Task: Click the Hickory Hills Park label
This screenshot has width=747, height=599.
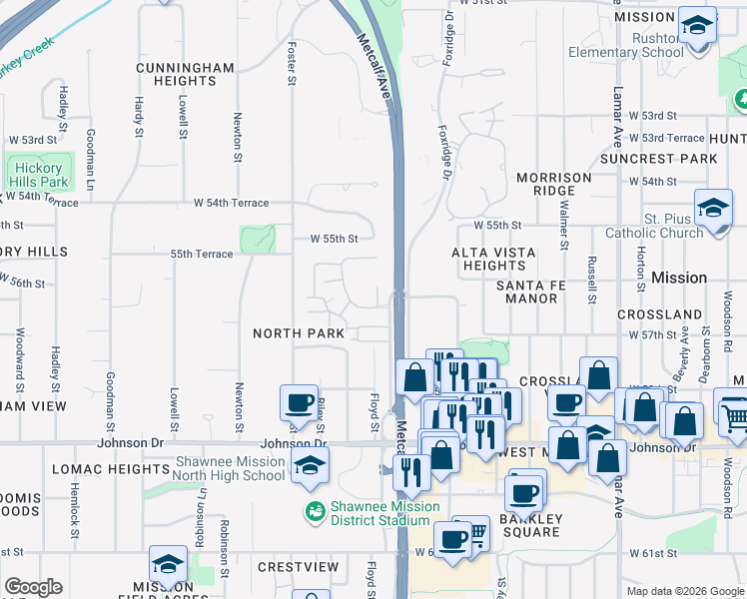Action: (x=39, y=176)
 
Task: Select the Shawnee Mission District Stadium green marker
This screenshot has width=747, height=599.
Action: (x=315, y=511)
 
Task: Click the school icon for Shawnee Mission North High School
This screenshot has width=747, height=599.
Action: (x=310, y=464)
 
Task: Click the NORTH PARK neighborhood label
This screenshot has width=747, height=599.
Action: (x=299, y=333)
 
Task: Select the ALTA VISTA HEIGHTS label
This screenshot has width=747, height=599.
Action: (x=493, y=260)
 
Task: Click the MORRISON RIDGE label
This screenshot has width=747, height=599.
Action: (x=553, y=184)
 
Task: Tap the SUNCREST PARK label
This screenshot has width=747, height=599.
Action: (x=658, y=159)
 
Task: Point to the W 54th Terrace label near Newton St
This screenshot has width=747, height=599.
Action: (x=232, y=203)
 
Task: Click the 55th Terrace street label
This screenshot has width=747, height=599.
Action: (x=202, y=255)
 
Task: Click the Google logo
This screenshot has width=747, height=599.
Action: (x=33, y=587)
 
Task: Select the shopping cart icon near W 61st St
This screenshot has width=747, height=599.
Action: (x=476, y=535)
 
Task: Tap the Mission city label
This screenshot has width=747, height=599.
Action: (x=679, y=278)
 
